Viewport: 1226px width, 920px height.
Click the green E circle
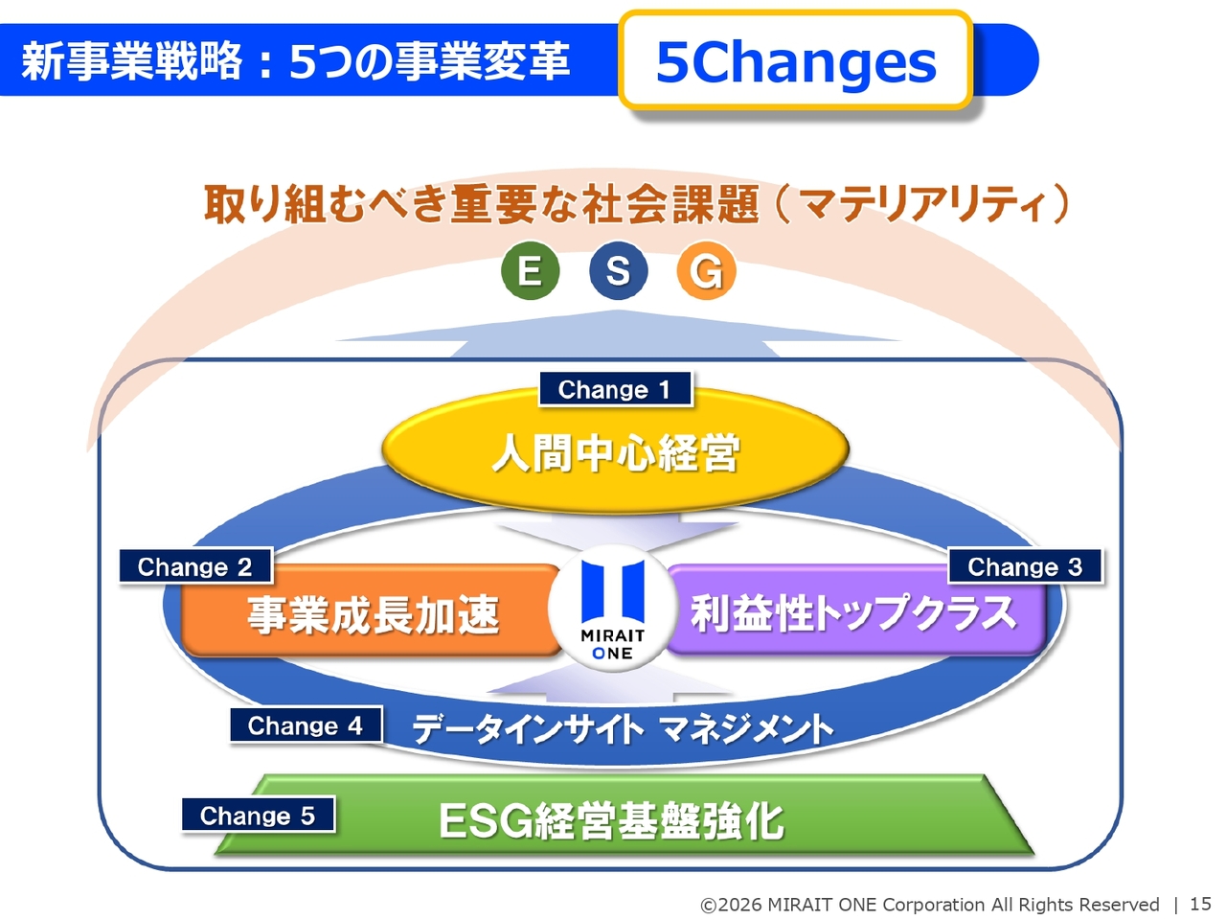(x=530, y=270)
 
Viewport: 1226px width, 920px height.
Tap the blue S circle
(x=618, y=270)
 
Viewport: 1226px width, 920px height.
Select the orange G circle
(x=706, y=270)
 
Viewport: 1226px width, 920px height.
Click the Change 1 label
(x=615, y=389)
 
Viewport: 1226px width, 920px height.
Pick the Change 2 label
(x=195, y=566)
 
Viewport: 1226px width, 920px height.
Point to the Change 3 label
(x=1025, y=566)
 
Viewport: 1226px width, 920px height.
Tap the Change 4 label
(x=306, y=725)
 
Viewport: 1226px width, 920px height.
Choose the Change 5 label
(x=258, y=815)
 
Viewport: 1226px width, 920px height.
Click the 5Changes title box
(x=796, y=60)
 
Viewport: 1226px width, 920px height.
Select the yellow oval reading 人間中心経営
(x=616, y=450)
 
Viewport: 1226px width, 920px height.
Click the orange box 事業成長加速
(x=372, y=610)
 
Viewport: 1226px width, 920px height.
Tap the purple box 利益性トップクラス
(x=854, y=610)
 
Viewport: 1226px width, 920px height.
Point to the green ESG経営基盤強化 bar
(x=624, y=815)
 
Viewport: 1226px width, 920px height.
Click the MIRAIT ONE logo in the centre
(x=613, y=608)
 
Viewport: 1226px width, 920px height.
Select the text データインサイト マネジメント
(x=623, y=728)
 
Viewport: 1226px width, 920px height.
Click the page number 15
(x=1200, y=904)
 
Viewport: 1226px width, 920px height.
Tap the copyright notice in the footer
(x=930, y=905)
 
